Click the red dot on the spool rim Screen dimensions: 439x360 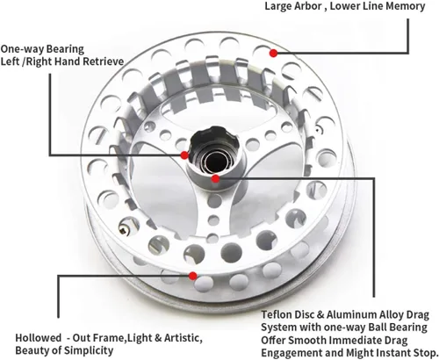pos(273,53)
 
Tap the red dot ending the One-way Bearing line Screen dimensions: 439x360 pos(184,155)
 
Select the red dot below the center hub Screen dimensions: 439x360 pos(215,178)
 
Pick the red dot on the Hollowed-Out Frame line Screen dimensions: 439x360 pos(192,276)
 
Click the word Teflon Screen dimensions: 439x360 pos(277,314)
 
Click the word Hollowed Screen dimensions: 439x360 pos(39,338)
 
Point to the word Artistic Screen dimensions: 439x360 pos(184,338)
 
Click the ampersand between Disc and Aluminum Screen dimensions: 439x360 pos(320,314)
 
